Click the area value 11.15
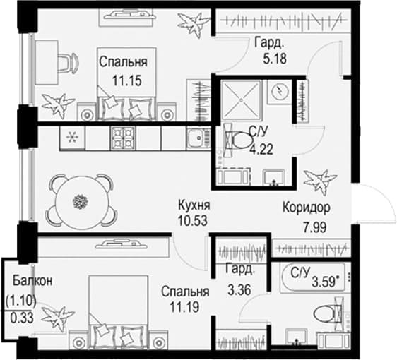tap(127, 80)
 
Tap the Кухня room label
tap(194, 205)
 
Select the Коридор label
tap(307, 208)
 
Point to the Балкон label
tap(33, 280)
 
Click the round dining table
tap(81, 201)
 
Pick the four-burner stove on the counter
tap(123, 138)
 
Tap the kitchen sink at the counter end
tap(198, 138)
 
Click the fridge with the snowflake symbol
tap(72, 138)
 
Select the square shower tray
tap(240, 100)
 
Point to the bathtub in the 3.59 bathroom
tap(312, 277)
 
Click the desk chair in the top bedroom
tap(68, 63)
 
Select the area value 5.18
tap(275, 59)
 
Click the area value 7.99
tap(315, 227)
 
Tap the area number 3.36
tap(239, 289)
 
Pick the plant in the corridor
tap(320, 181)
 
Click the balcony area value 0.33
tap(22, 318)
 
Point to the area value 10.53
tap(193, 220)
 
